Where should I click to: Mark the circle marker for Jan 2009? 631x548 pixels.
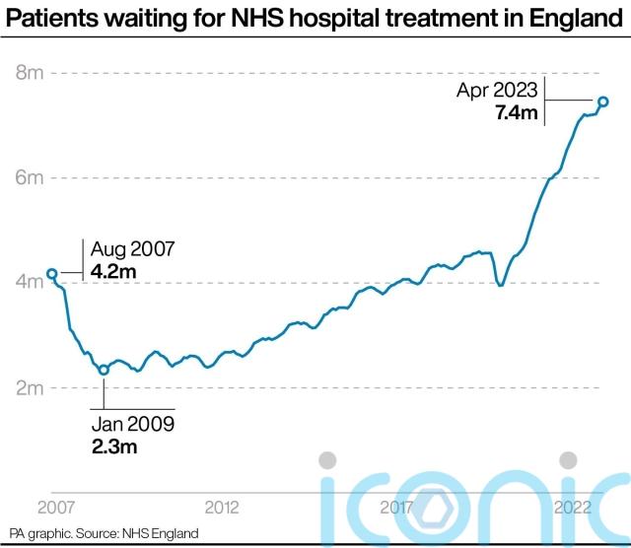(x=104, y=370)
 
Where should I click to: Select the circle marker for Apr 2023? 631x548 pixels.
(x=603, y=102)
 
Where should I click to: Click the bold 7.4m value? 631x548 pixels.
(x=516, y=113)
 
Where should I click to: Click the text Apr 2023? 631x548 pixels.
(x=498, y=90)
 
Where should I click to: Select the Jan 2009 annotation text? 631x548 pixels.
(x=133, y=426)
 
